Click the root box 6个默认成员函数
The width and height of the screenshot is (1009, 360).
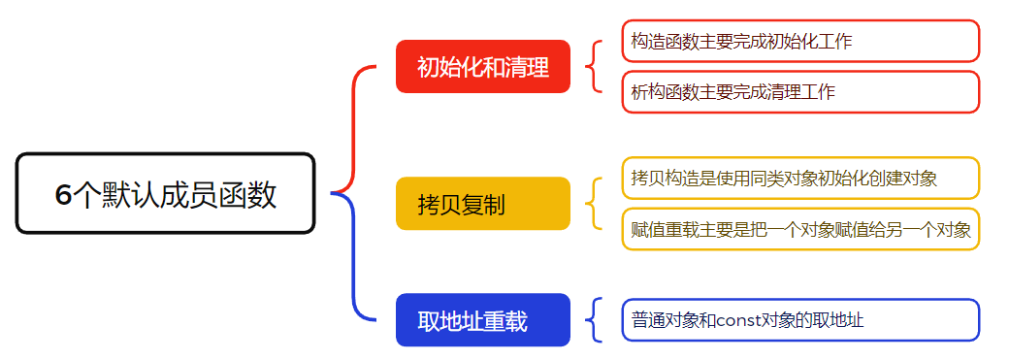(165, 194)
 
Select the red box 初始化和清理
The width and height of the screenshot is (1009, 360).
(482, 67)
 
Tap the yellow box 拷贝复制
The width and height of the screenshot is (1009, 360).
(482, 204)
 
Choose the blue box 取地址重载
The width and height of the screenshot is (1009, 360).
(482, 320)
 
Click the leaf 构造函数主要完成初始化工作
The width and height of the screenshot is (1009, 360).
(800, 41)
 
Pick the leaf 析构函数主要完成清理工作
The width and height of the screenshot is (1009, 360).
(800, 92)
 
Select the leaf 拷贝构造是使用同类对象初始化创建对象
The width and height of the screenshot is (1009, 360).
(800, 178)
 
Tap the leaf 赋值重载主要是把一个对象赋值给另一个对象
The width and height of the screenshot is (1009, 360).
(800, 229)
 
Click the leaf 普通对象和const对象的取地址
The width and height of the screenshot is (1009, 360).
(800, 320)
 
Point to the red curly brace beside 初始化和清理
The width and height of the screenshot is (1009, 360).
(593, 67)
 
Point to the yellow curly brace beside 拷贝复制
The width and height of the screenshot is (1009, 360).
(593, 204)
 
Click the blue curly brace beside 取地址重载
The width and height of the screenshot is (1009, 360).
(593, 320)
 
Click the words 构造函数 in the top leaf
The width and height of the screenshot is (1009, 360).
(666, 41)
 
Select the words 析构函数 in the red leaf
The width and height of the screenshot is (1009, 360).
(666, 92)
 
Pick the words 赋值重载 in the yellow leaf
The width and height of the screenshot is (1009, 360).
(666, 229)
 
